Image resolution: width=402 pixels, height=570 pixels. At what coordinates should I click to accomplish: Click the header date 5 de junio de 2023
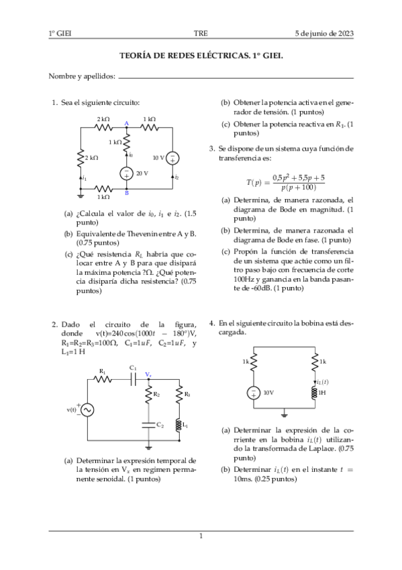[324, 34]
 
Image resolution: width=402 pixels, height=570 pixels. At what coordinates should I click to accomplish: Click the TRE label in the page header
[201, 34]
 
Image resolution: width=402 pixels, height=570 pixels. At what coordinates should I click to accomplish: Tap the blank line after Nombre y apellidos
[235, 77]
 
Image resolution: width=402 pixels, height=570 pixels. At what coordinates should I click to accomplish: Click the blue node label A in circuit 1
[126, 122]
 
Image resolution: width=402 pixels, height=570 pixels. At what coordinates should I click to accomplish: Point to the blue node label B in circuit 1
[126, 194]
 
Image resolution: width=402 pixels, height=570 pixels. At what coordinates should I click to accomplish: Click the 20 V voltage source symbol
[126, 173]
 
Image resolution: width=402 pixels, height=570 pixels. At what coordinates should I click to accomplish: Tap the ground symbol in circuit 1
[81, 196]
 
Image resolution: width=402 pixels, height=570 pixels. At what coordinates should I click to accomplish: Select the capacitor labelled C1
[134, 378]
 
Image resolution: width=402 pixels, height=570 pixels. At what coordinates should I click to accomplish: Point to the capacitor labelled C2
[148, 424]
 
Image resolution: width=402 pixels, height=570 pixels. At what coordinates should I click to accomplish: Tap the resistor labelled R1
[103, 378]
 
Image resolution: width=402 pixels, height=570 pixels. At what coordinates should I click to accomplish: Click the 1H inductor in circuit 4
[313, 393]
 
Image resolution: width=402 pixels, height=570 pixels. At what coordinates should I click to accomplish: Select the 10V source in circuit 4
[253, 393]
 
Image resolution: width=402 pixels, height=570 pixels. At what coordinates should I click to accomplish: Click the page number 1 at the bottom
[201, 536]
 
